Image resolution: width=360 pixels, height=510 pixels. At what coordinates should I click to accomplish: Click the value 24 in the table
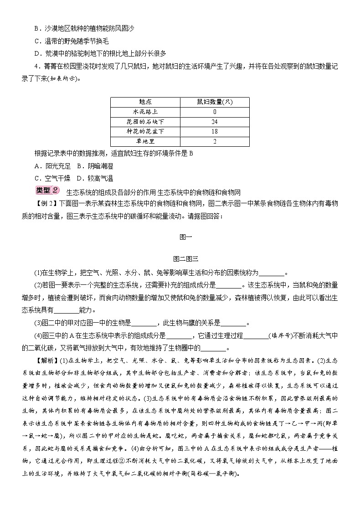[x=214, y=122]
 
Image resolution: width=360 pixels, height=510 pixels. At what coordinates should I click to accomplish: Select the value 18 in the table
[x=214, y=132]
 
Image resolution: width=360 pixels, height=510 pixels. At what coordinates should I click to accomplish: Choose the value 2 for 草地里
[x=214, y=142]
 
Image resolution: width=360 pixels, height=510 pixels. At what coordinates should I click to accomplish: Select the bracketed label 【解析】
[x=45, y=361]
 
